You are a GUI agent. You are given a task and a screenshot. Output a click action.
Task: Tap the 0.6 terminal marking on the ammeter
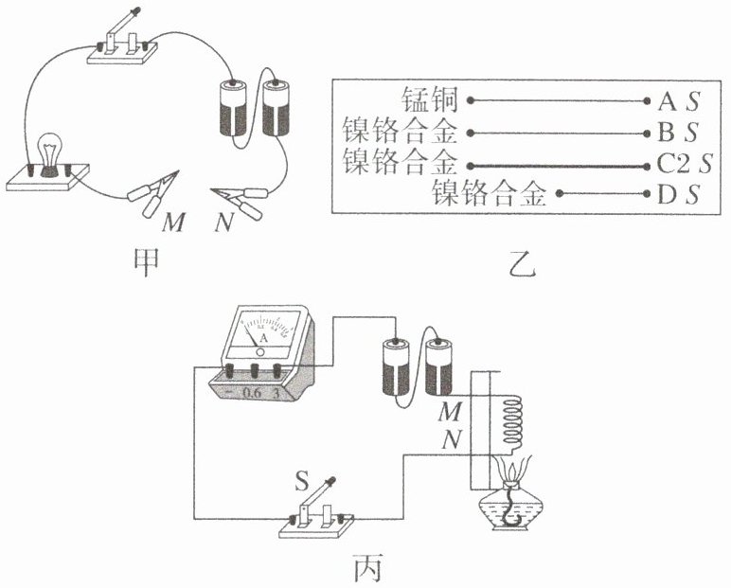252,391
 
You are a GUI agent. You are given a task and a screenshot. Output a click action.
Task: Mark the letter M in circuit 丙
448,414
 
